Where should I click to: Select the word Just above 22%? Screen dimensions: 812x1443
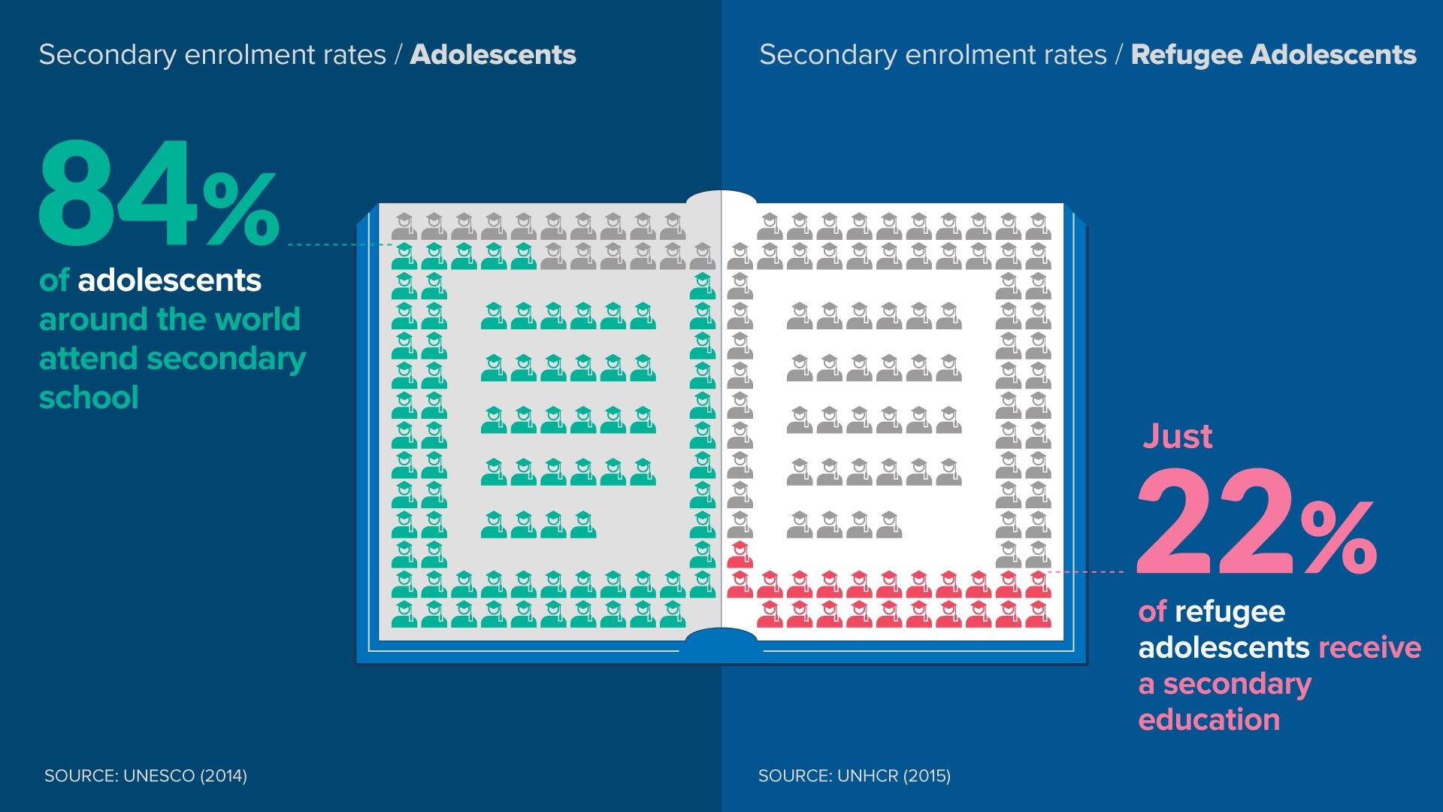click(x=1177, y=436)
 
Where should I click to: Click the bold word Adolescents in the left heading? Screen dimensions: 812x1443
click(x=493, y=55)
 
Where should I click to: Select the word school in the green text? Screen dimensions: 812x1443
click(x=89, y=398)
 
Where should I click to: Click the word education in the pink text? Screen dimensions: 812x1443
click(x=1209, y=720)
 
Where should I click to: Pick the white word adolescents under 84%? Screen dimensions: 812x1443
click(x=169, y=280)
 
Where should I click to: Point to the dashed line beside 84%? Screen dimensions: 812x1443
click(x=338, y=245)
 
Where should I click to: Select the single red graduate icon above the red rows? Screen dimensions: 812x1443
click(x=740, y=553)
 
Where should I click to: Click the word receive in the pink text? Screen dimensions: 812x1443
click(x=1369, y=647)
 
